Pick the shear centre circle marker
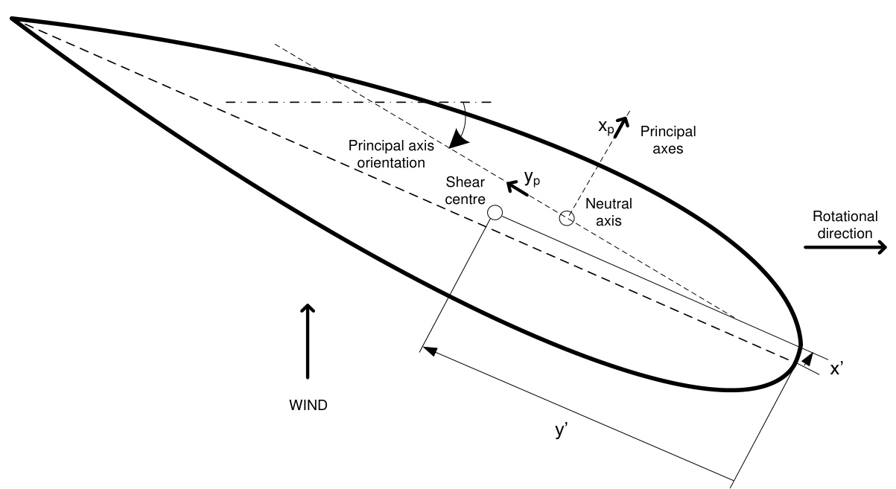[495, 213]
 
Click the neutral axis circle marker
[567, 218]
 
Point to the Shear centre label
[466, 191]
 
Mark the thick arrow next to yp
[517, 188]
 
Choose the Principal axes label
[667, 140]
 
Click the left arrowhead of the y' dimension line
[428, 349]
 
